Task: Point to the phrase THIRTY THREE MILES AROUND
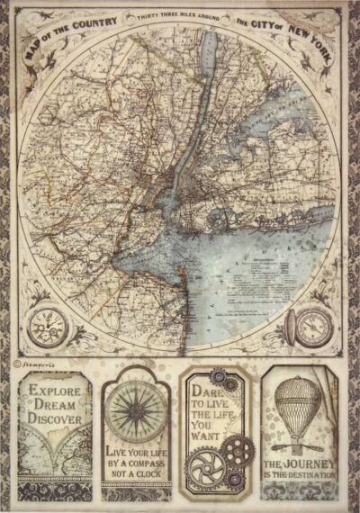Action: (180, 15)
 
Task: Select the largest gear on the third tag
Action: (203, 472)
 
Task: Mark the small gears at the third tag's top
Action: (223, 376)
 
